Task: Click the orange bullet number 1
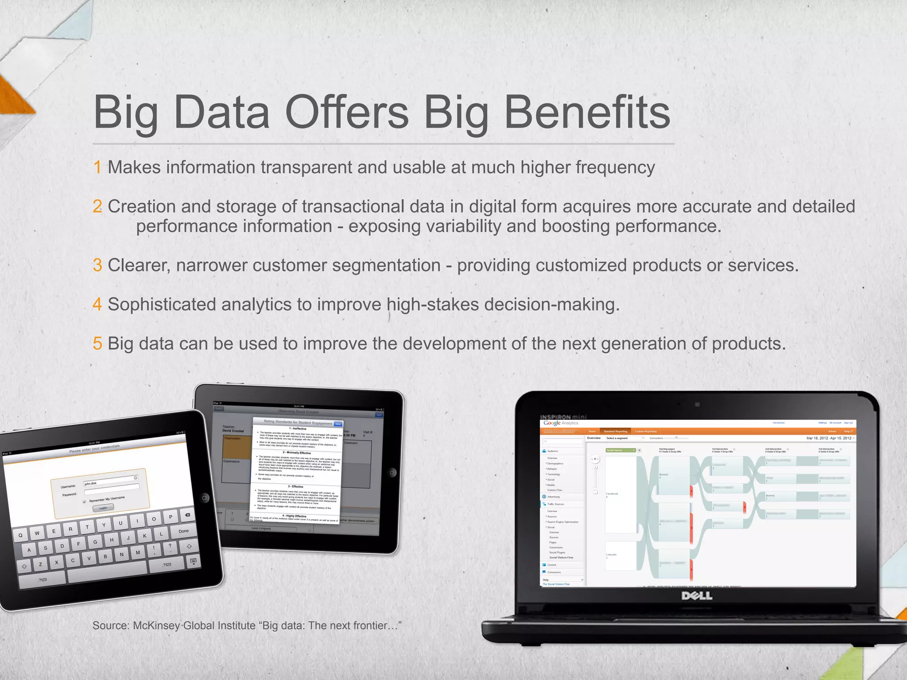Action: (x=97, y=168)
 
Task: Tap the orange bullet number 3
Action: (x=97, y=266)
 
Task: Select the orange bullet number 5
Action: (x=97, y=344)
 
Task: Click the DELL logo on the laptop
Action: (x=697, y=596)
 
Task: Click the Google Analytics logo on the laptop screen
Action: (x=561, y=423)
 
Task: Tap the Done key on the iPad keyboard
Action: (x=183, y=531)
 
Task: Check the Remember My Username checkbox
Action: (x=85, y=502)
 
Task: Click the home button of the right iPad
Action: (x=392, y=473)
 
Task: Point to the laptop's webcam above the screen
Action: (x=697, y=405)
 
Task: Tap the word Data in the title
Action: (x=221, y=113)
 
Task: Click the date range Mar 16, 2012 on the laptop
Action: (x=817, y=438)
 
